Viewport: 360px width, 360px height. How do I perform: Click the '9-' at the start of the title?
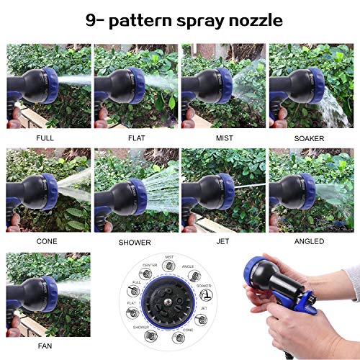(x=96, y=20)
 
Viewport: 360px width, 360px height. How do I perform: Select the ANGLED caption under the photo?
(x=310, y=241)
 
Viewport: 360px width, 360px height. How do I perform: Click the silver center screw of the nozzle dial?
(x=168, y=301)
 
